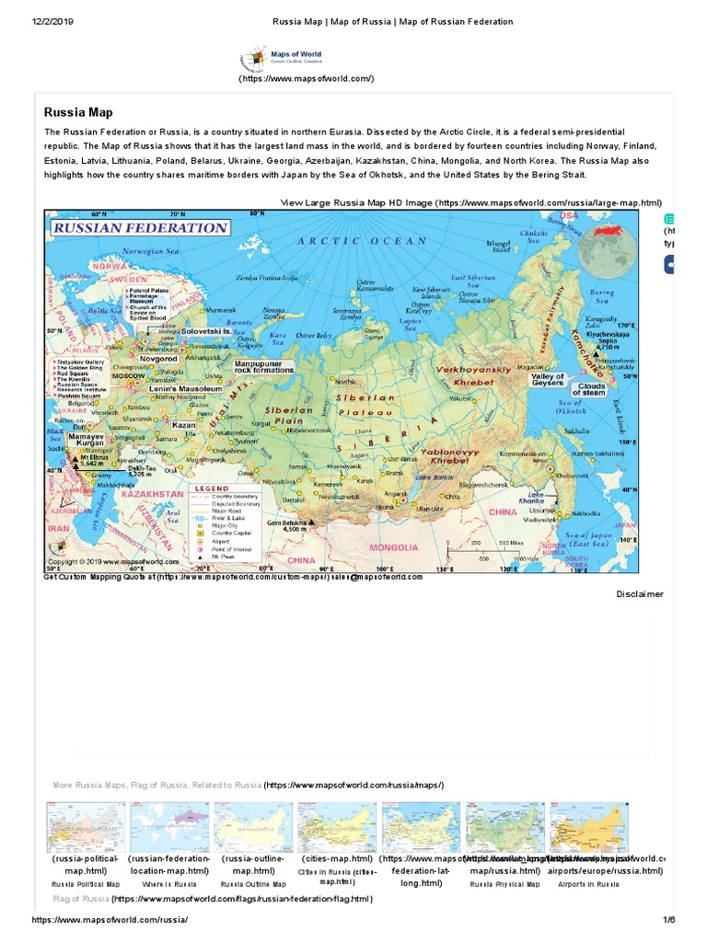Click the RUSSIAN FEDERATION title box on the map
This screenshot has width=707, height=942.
(x=140, y=227)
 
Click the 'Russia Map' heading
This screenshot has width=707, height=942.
(x=78, y=112)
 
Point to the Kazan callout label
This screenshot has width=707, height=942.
(x=184, y=426)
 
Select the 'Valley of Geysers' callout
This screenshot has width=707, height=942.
(x=549, y=381)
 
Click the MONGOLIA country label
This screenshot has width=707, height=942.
(x=394, y=547)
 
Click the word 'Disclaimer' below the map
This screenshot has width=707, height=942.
(x=640, y=594)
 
